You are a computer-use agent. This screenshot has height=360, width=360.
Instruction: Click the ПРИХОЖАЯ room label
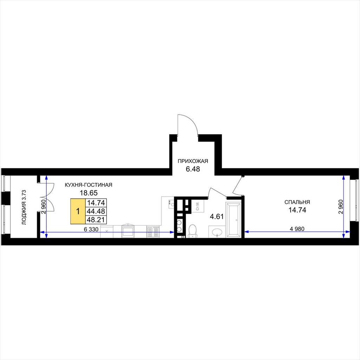pyautogui.click(x=193, y=161)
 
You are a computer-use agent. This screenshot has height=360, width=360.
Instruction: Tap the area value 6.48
pyautogui.click(x=193, y=169)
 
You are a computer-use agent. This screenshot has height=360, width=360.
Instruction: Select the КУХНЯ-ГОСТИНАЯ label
pyautogui.click(x=88, y=185)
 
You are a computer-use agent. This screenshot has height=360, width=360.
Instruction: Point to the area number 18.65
pyautogui.click(x=89, y=193)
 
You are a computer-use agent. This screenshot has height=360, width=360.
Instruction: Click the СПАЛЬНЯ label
pyautogui.click(x=297, y=202)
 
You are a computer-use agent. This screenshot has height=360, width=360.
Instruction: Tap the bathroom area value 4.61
pyautogui.click(x=217, y=217)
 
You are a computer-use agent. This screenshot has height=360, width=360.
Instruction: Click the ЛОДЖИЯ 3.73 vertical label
pyautogui.click(x=24, y=207)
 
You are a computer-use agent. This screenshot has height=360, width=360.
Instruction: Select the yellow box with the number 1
pyautogui.click(x=78, y=211)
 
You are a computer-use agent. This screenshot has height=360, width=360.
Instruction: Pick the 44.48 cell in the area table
pyautogui.click(x=96, y=211)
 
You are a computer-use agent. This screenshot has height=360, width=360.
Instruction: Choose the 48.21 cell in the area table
pyautogui.click(x=96, y=220)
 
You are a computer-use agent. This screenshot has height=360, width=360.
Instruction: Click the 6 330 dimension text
pyautogui.click(x=91, y=229)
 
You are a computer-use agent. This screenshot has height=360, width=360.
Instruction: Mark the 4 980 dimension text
pyautogui.click(x=297, y=229)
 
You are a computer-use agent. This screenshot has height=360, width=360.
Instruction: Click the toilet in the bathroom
pyautogui.click(x=192, y=231)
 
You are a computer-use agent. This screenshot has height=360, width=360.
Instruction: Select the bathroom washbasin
pyautogui.click(x=217, y=232)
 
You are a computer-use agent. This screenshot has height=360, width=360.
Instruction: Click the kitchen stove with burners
pyautogui.click(x=153, y=232)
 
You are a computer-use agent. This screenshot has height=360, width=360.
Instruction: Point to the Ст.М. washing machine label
pyautogui.click(x=198, y=206)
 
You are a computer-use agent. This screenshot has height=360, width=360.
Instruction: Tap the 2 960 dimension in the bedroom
pyautogui.click(x=341, y=207)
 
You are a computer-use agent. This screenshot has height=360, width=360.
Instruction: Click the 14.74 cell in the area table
pyautogui.click(x=96, y=203)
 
